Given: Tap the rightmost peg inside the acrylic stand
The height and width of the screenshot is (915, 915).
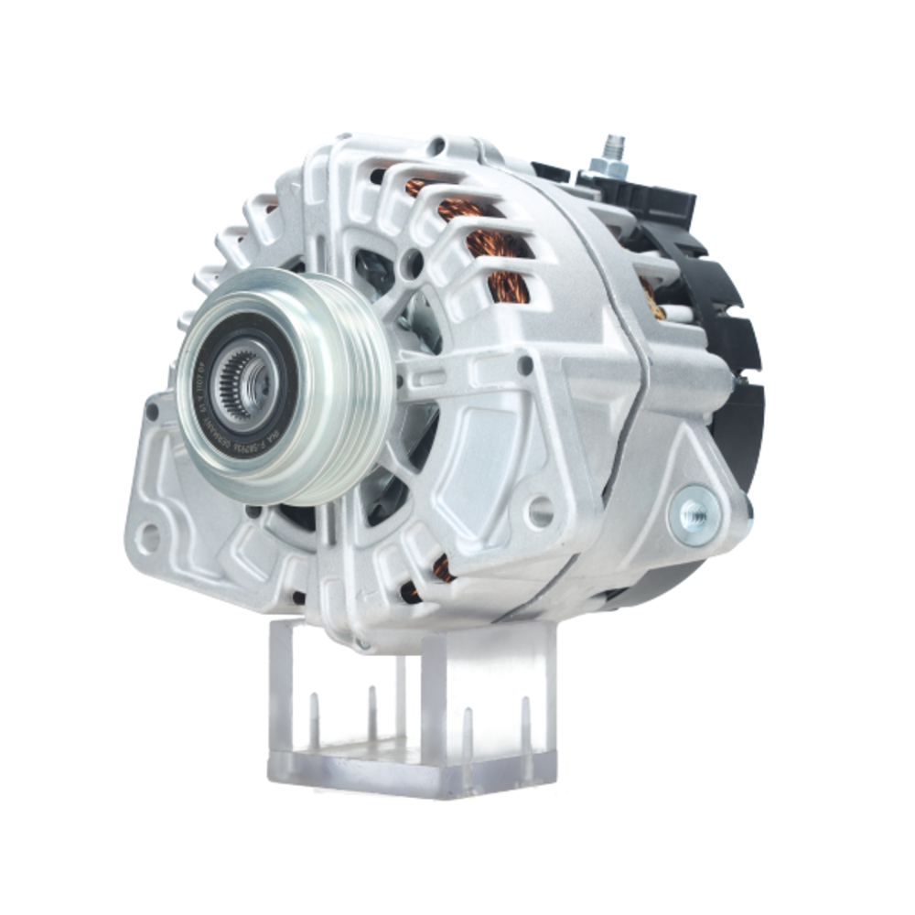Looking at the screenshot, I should point(525,723).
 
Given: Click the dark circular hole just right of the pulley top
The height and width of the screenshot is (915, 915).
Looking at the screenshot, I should point(414,264).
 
